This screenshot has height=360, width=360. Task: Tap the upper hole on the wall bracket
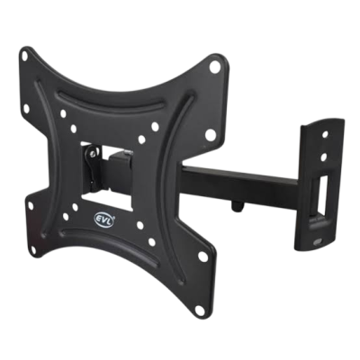(x=325, y=135)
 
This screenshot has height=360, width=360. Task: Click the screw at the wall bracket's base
(x=316, y=241)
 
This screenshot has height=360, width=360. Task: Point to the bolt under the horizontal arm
(x=237, y=207)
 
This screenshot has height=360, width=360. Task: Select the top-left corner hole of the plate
(x=24, y=56)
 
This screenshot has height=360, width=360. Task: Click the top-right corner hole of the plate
(x=214, y=67)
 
